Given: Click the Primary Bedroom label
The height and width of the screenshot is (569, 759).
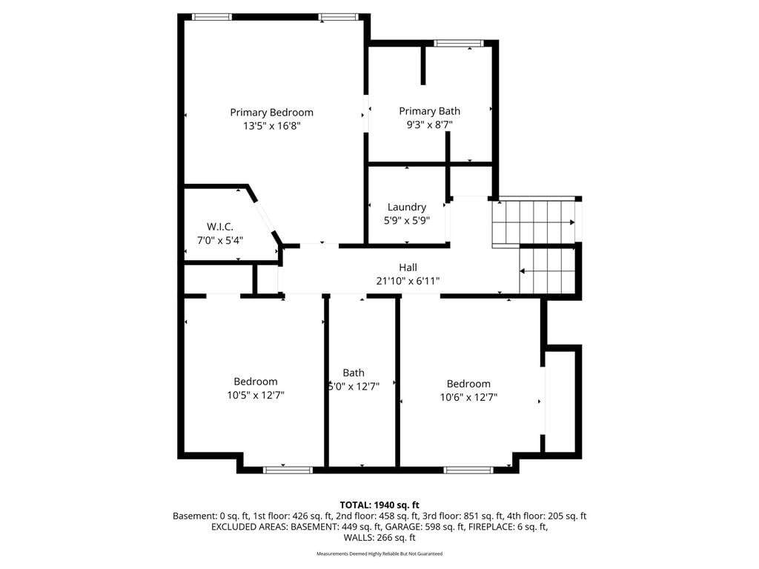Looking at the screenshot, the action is [x=271, y=113].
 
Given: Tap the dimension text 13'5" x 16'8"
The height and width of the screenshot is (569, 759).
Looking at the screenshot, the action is [x=271, y=126].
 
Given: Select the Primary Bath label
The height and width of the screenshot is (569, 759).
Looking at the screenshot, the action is [x=429, y=111].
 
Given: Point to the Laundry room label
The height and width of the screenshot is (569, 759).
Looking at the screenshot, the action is [x=407, y=207].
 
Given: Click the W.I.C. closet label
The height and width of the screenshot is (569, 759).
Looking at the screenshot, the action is [x=219, y=227].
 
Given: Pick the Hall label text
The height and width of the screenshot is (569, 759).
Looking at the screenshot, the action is [x=408, y=267].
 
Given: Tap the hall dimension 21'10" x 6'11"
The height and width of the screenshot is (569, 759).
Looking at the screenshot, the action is [x=408, y=281].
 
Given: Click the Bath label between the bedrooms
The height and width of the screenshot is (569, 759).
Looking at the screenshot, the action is [x=354, y=373].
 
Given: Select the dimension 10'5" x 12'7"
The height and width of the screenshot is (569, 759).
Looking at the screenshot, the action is [x=256, y=396].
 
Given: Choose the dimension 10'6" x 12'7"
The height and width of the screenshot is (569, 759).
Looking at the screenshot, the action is [x=468, y=397].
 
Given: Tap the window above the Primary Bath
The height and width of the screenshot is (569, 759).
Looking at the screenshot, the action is [x=458, y=44].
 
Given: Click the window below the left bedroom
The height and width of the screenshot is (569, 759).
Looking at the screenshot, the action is [x=288, y=470].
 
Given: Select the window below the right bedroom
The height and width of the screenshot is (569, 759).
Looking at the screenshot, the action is [x=468, y=470].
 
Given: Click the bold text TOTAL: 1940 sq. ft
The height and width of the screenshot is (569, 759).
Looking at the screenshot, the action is [x=379, y=505].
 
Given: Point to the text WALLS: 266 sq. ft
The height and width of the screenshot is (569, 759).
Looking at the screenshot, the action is [x=379, y=538].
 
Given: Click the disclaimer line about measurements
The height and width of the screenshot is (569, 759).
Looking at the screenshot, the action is [x=379, y=553].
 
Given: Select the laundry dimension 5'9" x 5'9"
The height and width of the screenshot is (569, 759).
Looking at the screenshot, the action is [x=407, y=221].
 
